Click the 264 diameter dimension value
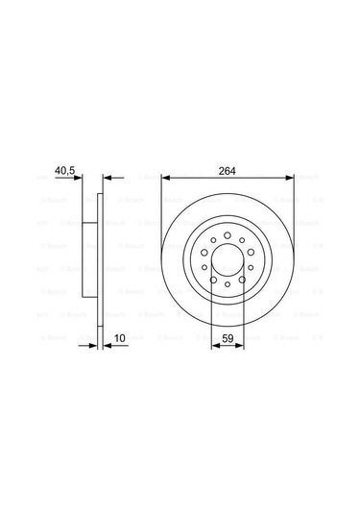tap(227, 171)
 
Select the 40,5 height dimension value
tap(64, 171)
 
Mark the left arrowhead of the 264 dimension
tap(165, 178)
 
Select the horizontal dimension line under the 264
tap(227, 178)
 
